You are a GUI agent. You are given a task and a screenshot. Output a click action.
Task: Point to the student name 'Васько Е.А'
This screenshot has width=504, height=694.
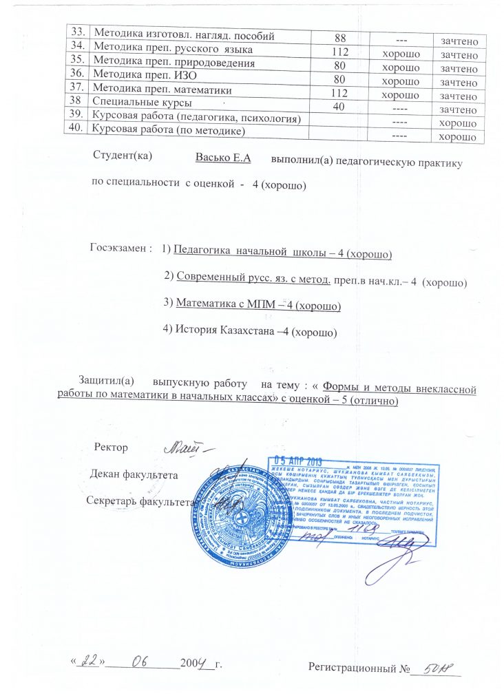[222, 158]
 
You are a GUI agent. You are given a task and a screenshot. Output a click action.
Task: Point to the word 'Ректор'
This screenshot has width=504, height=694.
[112, 448]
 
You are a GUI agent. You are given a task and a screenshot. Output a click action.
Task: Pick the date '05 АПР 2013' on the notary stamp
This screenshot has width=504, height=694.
[298, 462]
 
